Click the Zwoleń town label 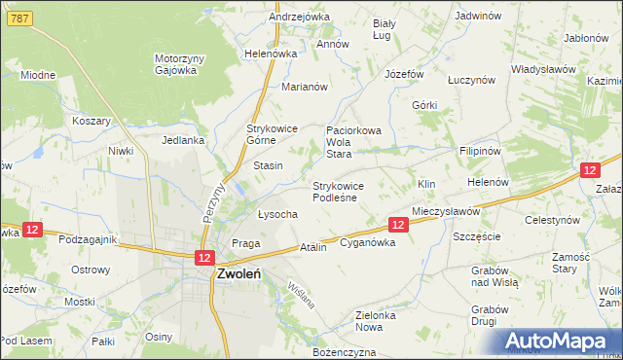238,274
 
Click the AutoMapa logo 558,341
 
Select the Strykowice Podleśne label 337,192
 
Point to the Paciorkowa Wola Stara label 351,141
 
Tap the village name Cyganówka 367,243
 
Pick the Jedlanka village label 183,140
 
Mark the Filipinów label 479,153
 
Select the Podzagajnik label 88,239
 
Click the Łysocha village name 276,214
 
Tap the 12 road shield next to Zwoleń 203,258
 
